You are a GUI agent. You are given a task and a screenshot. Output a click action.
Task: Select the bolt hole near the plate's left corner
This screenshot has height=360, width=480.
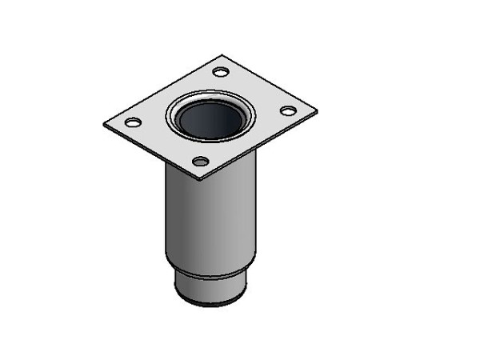(134, 122)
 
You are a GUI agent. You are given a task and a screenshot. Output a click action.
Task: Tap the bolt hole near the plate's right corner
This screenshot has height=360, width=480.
(288, 110)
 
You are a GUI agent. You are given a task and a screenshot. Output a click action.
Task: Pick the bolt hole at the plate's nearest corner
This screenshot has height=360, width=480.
(201, 162)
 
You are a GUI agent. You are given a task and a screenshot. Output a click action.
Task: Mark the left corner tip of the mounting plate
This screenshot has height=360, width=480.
(104, 125)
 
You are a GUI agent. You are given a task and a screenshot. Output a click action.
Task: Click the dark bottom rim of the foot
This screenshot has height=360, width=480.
(210, 303)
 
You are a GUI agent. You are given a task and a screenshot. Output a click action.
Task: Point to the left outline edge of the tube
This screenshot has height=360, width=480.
(166, 216)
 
